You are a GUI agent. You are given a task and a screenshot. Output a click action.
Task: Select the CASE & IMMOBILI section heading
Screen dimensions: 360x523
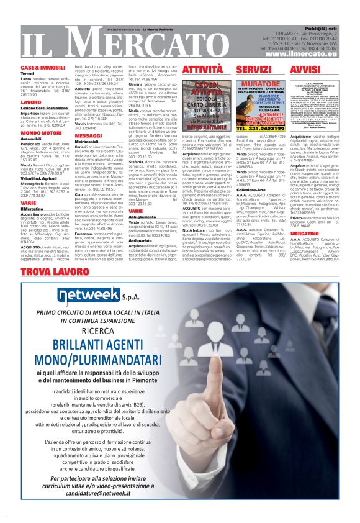click(43, 67)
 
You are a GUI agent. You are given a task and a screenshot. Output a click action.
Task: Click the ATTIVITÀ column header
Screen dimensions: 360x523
click(185, 70)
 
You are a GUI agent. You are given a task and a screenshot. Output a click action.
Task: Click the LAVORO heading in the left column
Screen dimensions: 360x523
click(30, 102)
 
